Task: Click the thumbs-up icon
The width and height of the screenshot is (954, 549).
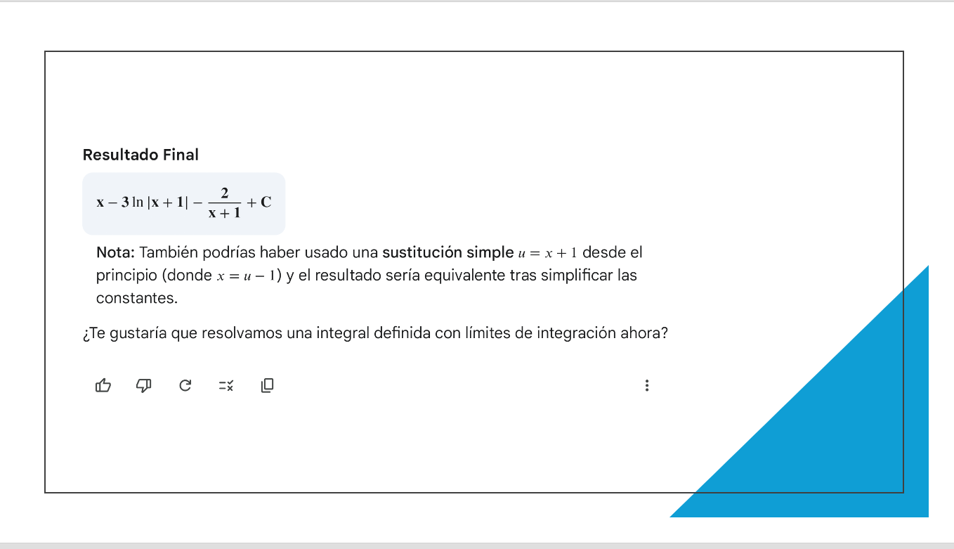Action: (103, 385)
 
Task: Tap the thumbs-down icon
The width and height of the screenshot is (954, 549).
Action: (144, 386)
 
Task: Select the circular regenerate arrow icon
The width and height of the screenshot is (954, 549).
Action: (185, 385)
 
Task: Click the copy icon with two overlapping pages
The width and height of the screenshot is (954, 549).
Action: (268, 385)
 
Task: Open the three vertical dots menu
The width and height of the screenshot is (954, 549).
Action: (647, 385)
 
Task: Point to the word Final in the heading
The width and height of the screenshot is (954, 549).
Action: (181, 155)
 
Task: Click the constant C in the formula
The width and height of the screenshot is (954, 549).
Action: (266, 202)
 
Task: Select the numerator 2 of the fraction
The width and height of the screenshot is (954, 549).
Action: (224, 193)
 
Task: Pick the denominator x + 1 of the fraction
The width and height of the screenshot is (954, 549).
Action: (224, 212)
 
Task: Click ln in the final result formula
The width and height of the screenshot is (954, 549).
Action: (138, 202)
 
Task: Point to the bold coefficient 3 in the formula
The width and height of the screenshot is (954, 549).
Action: (125, 202)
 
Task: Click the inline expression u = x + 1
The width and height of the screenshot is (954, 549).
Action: (548, 253)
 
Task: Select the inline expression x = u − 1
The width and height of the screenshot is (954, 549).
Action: (246, 276)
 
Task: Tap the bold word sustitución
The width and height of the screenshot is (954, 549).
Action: (422, 252)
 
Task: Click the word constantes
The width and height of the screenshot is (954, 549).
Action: (137, 298)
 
